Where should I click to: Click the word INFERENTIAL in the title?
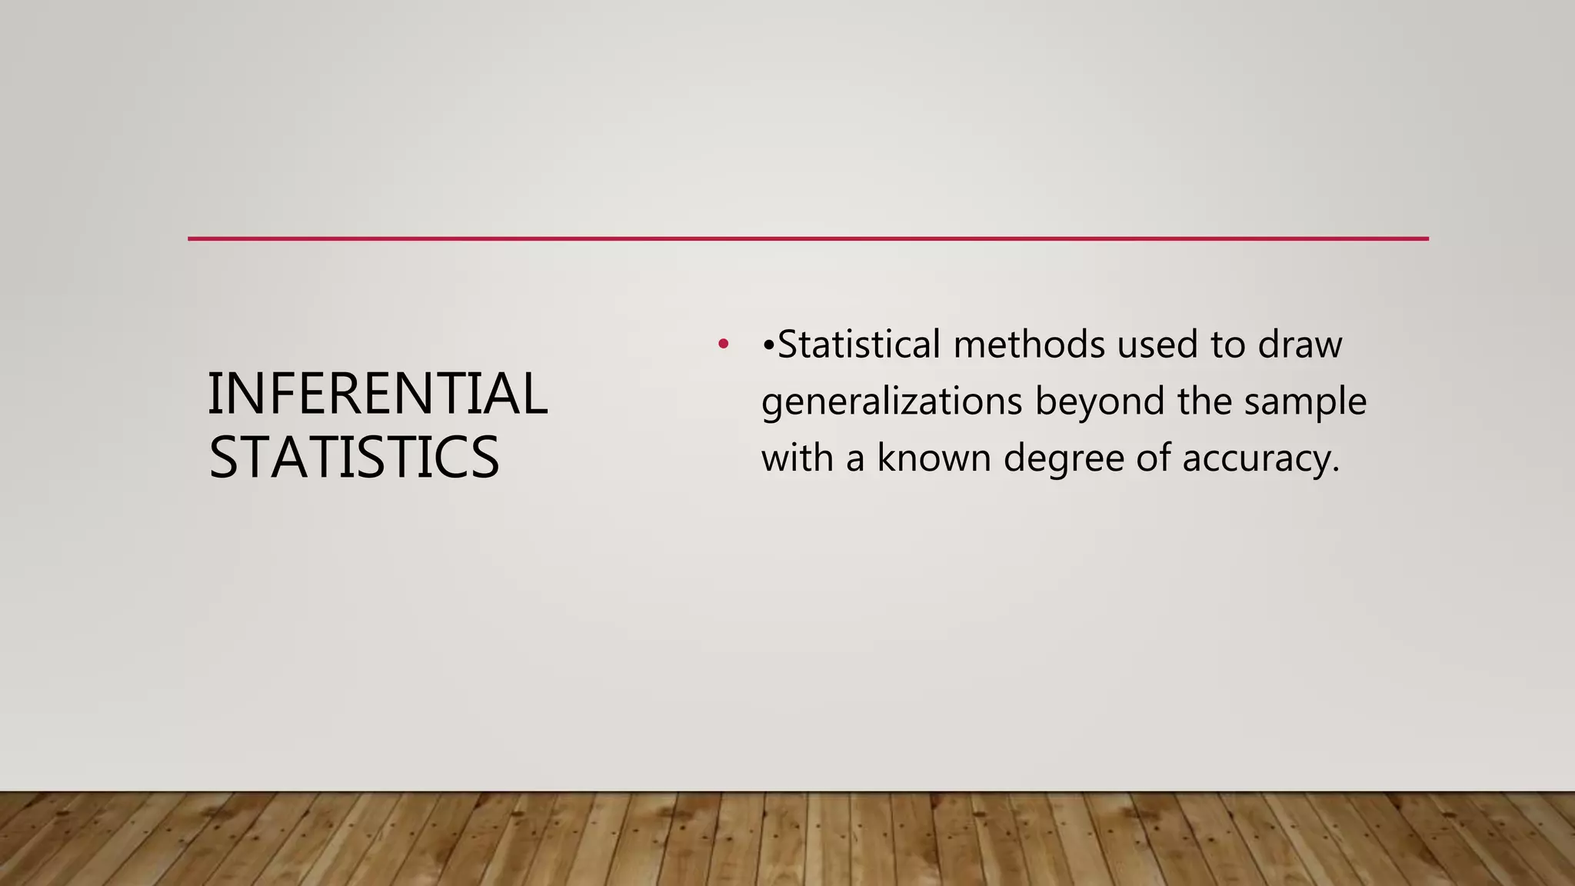[x=378, y=394]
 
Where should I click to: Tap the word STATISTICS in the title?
[x=354, y=458]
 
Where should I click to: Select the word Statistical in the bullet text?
[x=859, y=344]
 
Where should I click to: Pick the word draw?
[x=1300, y=344]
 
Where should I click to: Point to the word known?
[x=934, y=458]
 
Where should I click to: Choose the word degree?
[x=1063, y=459]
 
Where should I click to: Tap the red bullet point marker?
[x=722, y=344]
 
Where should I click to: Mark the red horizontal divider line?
[x=807, y=239]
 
